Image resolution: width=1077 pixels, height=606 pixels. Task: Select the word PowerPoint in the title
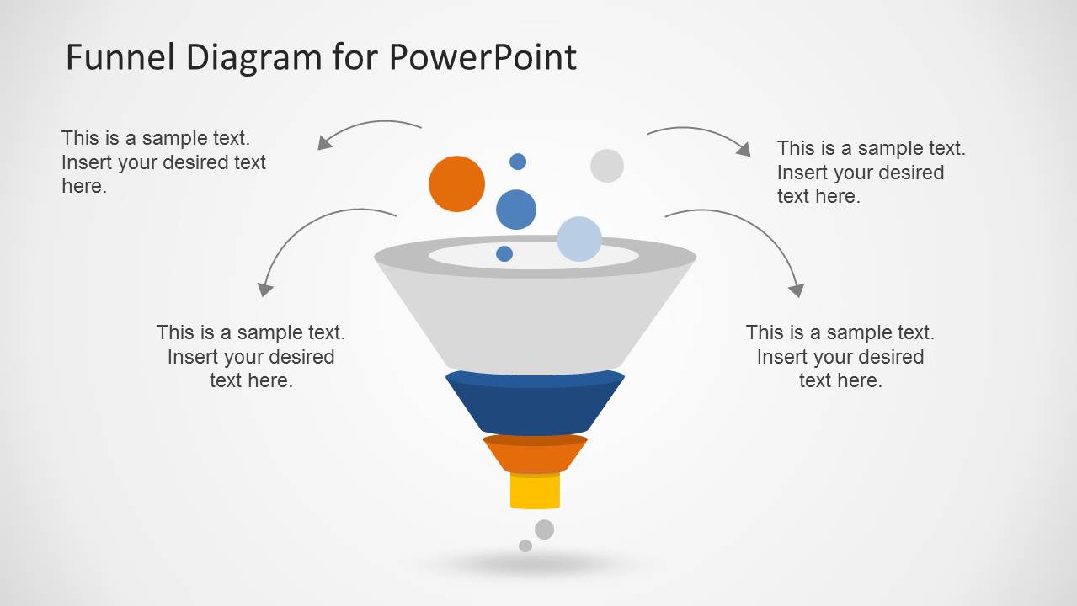483,57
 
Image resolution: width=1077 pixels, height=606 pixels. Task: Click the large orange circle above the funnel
456,183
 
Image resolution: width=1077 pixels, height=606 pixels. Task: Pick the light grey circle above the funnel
607,166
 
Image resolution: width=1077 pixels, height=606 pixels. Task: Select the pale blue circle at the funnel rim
579,239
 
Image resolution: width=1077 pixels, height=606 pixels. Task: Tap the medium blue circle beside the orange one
516,210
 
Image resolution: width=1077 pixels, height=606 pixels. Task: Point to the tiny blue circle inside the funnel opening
504,253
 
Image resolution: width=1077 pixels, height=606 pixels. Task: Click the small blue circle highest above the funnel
518,162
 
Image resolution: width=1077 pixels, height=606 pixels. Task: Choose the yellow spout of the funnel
535,492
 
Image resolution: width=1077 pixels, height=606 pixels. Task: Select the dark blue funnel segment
535,406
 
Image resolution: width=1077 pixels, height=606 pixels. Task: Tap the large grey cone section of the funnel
535,324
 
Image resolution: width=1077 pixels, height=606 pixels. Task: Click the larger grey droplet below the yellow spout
545,529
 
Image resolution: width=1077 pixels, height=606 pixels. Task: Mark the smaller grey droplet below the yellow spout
525,545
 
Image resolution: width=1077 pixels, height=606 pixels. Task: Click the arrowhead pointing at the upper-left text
324,143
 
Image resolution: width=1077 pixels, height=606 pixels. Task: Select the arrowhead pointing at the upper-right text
744,150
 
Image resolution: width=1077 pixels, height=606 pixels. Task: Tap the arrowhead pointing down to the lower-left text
265,290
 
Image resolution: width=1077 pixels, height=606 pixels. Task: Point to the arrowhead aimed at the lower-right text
797,290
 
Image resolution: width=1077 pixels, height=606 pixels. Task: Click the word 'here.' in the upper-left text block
84,187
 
